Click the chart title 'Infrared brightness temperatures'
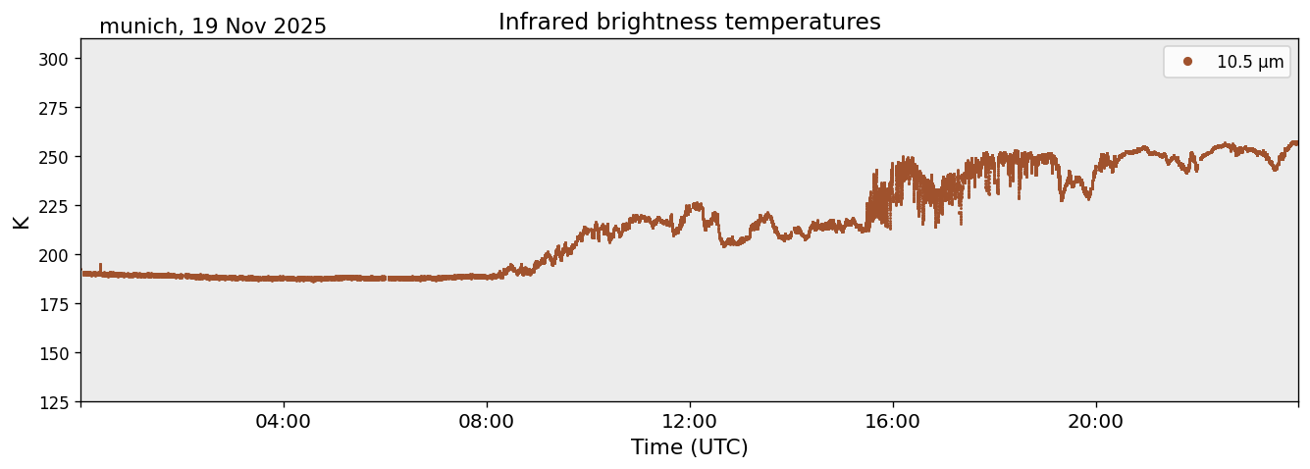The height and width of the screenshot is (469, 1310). [x=689, y=22]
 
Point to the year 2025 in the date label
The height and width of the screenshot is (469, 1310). [x=299, y=26]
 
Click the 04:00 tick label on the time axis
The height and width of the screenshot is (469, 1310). [x=284, y=422]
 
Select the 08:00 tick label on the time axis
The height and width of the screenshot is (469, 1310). [x=487, y=422]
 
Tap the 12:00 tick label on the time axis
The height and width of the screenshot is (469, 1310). [x=690, y=422]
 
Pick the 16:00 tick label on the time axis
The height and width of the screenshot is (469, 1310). [x=893, y=422]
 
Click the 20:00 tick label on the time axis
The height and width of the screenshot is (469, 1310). [x=1096, y=422]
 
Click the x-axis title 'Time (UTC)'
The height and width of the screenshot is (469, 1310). [x=689, y=447]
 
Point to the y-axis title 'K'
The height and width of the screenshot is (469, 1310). [x=22, y=221]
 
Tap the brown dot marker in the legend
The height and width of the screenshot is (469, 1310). [x=1187, y=62]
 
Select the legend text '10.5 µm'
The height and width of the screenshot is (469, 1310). [x=1249, y=62]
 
